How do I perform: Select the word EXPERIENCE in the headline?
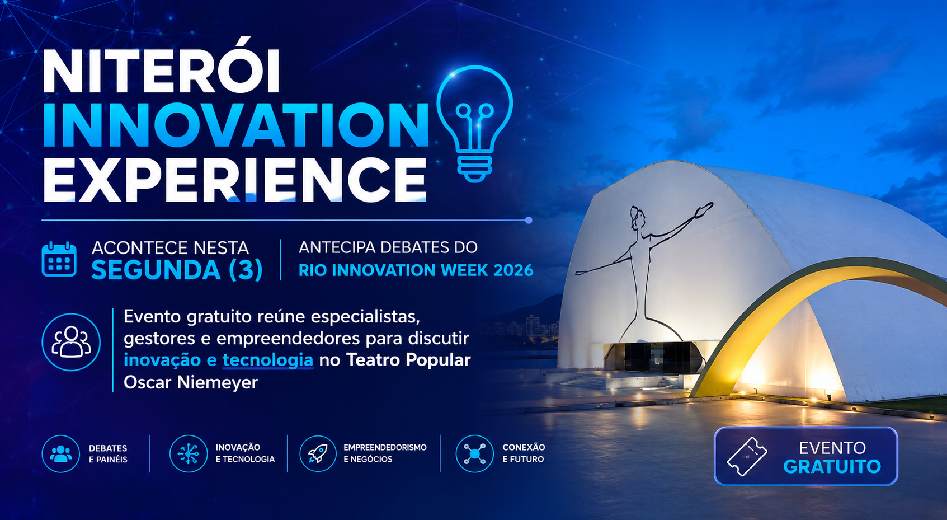(235, 180)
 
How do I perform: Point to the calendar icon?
(59, 259)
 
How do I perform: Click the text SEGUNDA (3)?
(177, 270)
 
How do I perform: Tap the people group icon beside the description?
(71, 342)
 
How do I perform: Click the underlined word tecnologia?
(267, 360)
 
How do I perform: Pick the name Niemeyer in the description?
(217, 382)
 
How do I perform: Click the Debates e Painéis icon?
(61, 453)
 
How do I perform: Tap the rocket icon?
(318, 453)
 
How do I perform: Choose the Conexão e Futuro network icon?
(475, 453)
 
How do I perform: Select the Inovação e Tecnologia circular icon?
(189, 453)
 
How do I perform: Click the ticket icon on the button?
(747, 457)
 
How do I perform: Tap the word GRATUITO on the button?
(832, 466)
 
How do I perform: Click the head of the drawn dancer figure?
(637, 217)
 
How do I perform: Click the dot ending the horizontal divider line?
(529, 220)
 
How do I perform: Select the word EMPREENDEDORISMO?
(385, 447)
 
